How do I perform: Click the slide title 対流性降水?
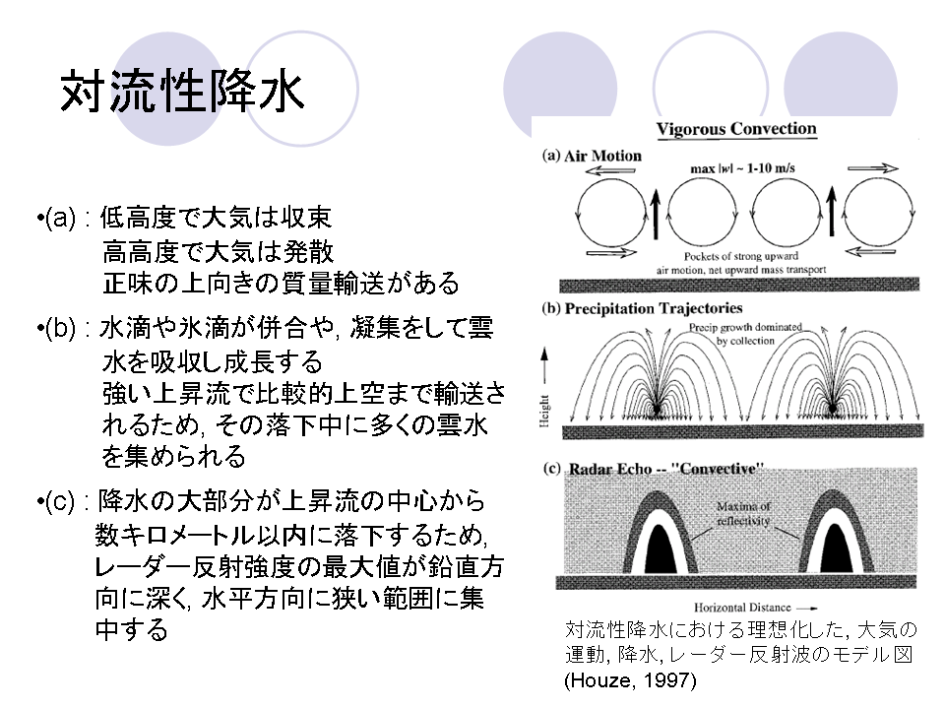pyautogui.click(x=182, y=91)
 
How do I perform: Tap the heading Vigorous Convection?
pyautogui.click(x=736, y=129)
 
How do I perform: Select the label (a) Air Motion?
pyautogui.click(x=592, y=156)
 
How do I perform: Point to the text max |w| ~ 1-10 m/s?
pyautogui.click(x=742, y=168)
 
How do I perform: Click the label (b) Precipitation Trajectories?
pyautogui.click(x=642, y=308)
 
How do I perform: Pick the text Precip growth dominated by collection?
pyautogui.click(x=745, y=334)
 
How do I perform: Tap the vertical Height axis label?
pyautogui.click(x=544, y=412)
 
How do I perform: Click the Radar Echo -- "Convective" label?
pyautogui.click(x=666, y=469)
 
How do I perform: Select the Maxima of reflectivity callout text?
pyautogui.click(x=743, y=513)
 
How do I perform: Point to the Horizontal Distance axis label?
pyautogui.click(x=742, y=608)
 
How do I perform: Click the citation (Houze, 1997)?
pyautogui.click(x=630, y=680)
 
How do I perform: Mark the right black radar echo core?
pyautogui.click(x=836, y=549)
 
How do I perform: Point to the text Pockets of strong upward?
pyautogui.click(x=741, y=256)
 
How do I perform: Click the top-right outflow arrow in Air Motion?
pyautogui.click(x=873, y=168)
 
